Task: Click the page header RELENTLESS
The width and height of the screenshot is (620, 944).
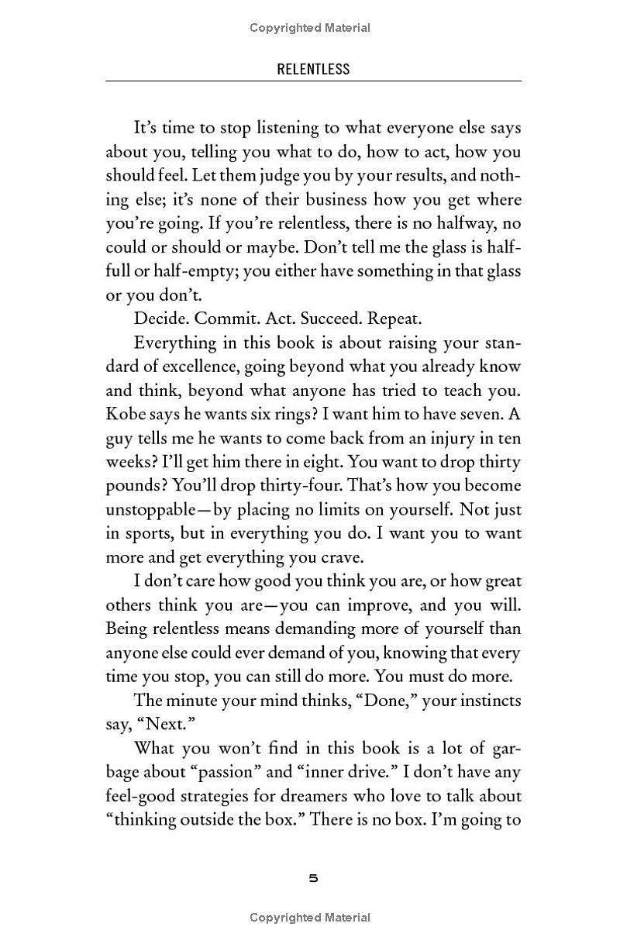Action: click(x=313, y=69)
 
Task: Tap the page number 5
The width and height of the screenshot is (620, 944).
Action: click(x=313, y=878)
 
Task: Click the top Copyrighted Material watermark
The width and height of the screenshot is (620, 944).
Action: click(x=310, y=28)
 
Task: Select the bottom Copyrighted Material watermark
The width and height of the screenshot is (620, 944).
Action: click(x=310, y=918)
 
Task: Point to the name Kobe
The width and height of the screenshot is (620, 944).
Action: click(x=123, y=415)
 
